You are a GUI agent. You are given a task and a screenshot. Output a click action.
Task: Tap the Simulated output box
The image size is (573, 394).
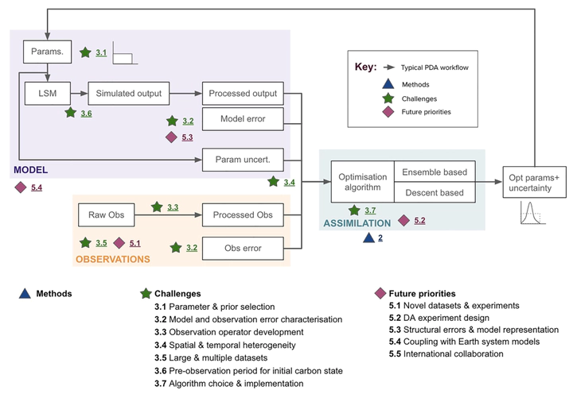click(x=129, y=94)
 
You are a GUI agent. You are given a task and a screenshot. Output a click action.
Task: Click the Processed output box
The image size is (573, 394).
click(x=243, y=94)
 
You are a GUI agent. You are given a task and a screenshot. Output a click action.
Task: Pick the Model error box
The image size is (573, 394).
click(x=243, y=120)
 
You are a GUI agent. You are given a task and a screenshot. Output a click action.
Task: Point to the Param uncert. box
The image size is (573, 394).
click(x=243, y=160)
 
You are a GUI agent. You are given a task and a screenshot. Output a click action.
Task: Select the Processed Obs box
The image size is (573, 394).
click(x=243, y=214)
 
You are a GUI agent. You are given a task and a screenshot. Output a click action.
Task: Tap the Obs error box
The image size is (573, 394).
click(x=243, y=249)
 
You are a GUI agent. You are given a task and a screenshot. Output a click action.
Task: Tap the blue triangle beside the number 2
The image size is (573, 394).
click(x=367, y=238)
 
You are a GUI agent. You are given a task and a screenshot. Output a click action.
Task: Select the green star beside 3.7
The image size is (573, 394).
click(x=354, y=211)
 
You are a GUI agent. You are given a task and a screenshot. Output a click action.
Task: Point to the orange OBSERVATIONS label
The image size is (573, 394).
click(x=112, y=259)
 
